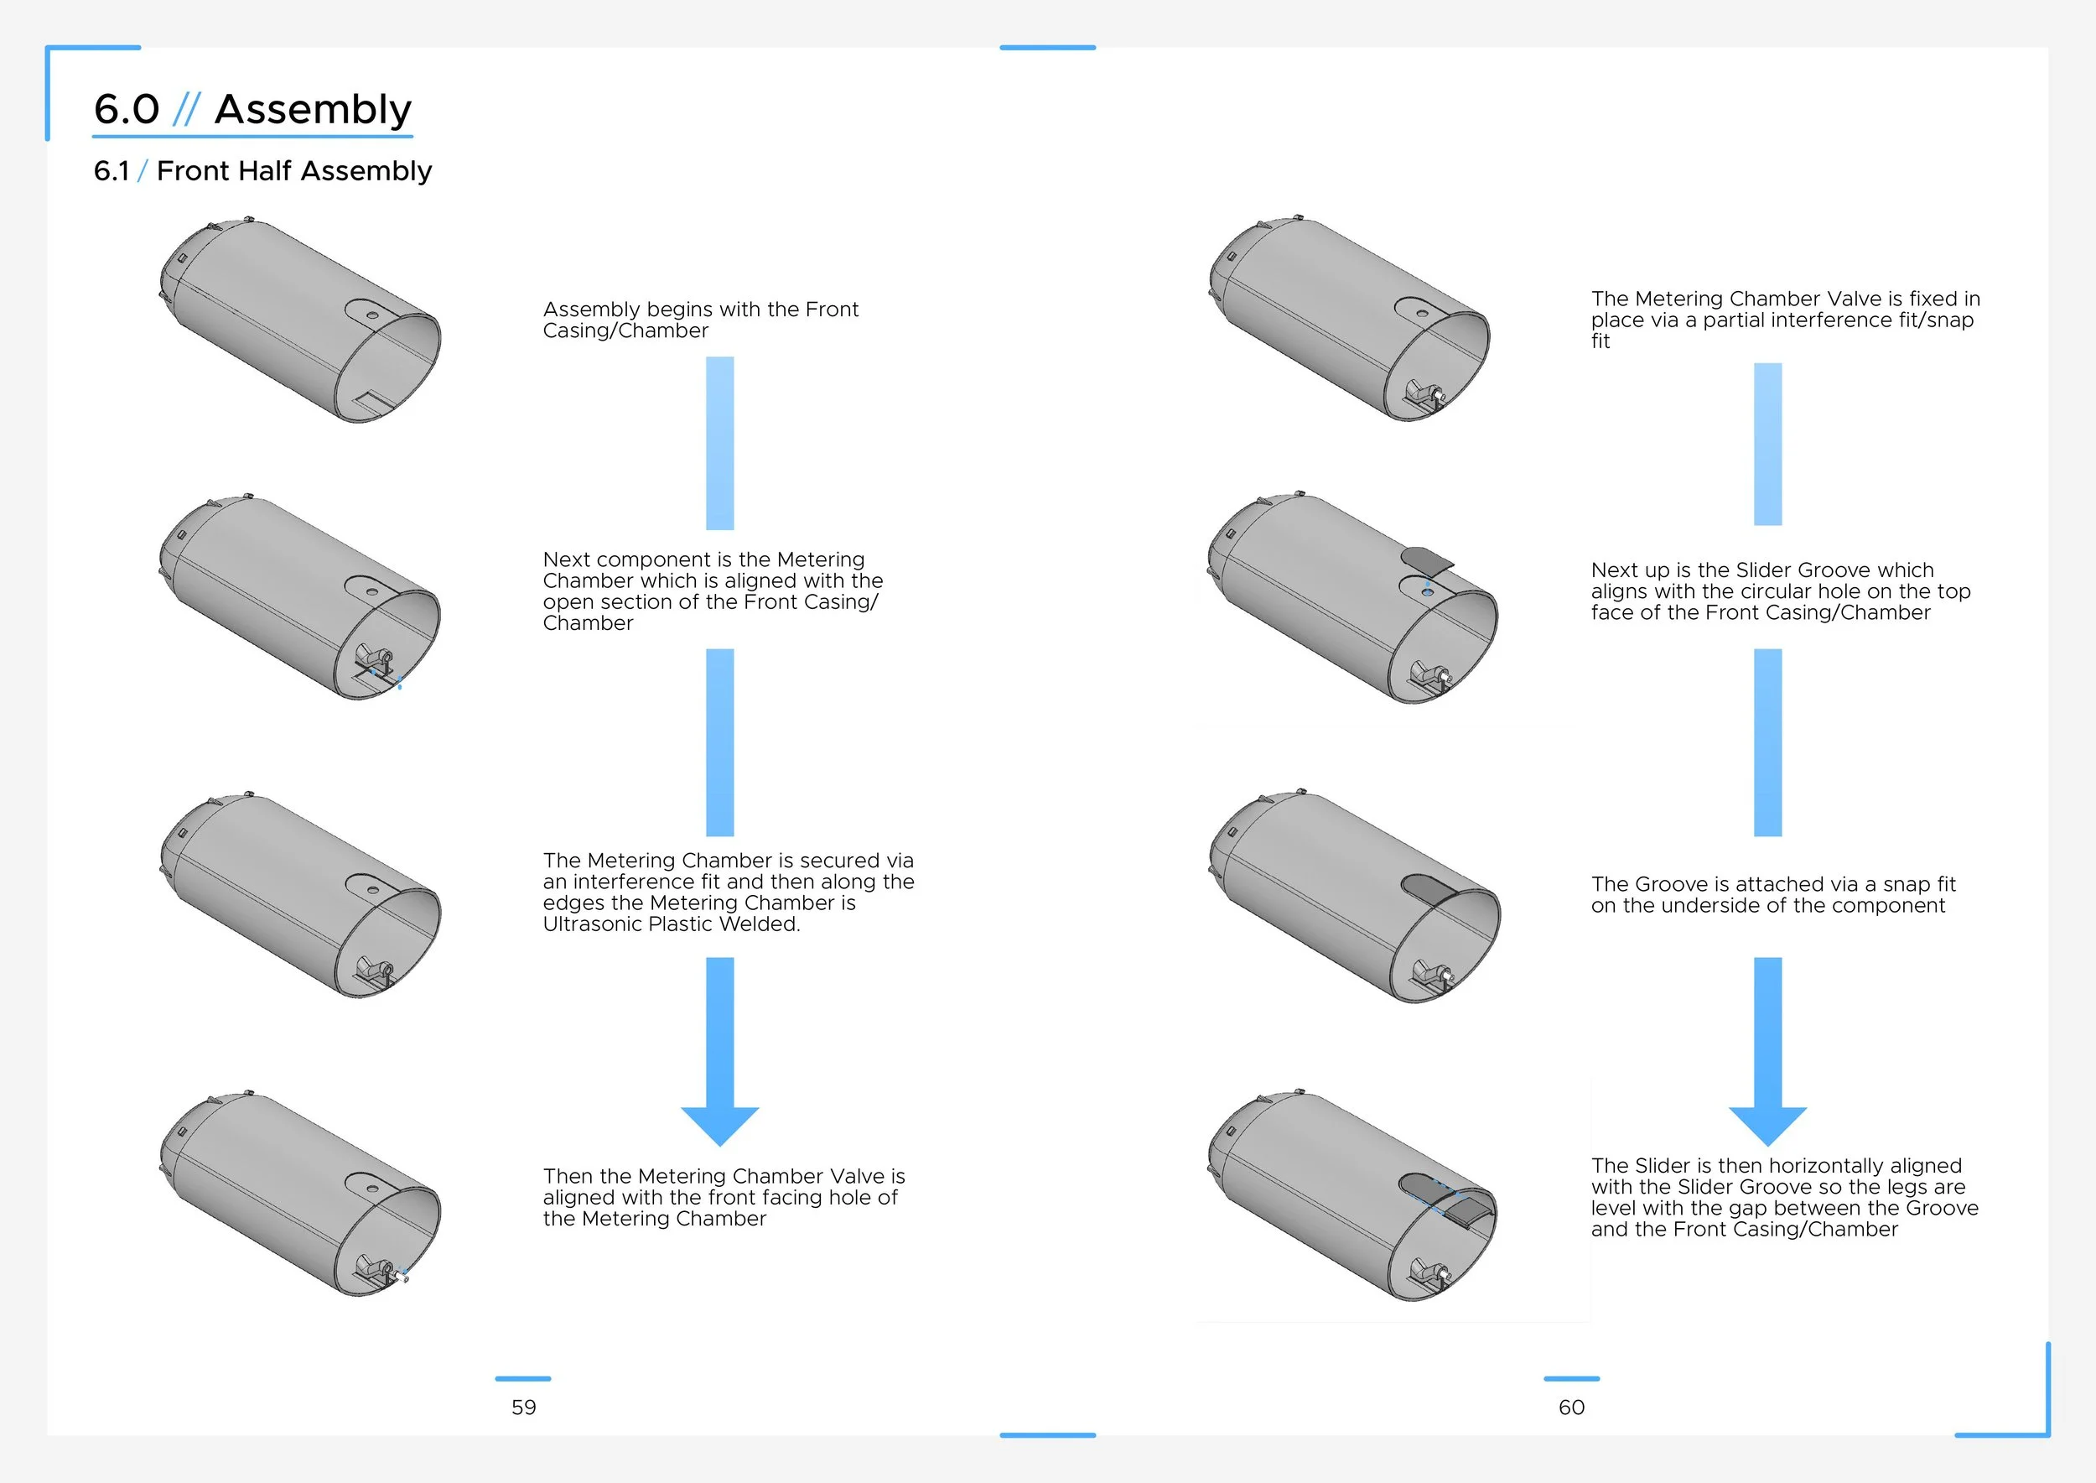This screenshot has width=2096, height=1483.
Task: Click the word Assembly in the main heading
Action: [x=312, y=110]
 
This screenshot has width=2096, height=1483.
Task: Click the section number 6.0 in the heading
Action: [x=126, y=110]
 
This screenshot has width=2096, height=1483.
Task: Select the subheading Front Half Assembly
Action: [x=294, y=171]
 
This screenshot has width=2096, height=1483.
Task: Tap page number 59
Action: [x=524, y=1408]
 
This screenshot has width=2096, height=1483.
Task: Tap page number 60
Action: [x=1571, y=1408]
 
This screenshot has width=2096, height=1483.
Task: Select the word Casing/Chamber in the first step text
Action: [x=625, y=330]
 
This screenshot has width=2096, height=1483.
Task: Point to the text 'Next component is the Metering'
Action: [x=703, y=559]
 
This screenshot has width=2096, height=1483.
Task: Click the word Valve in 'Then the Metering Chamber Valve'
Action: [x=856, y=1176]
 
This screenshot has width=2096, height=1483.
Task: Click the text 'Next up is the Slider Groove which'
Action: [x=1761, y=570]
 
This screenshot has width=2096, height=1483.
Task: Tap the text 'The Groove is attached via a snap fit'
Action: [x=1773, y=884]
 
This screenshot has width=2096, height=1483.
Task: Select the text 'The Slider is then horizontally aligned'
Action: [x=1776, y=1166]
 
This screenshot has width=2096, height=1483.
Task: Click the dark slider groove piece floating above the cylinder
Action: [x=1428, y=560]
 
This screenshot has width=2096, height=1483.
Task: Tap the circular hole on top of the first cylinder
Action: [x=372, y=315]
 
